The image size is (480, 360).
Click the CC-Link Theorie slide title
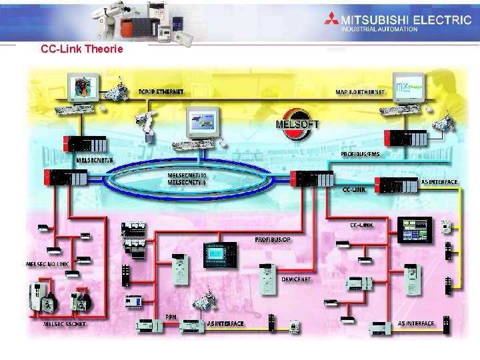pyautogui.click(x=81, y=49)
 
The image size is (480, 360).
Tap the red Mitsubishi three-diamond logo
pyautogui.click(x=332, y=21)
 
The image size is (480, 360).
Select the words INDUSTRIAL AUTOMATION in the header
pyautogui.click(x=379, y=29)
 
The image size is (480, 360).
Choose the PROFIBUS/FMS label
pyautogui.click(x=360, y=154)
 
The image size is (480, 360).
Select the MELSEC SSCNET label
pyautogui.click(x=65, y=324)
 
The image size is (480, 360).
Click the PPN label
pyautogui.click(x=171, y=317)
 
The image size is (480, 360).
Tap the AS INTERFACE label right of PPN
pyautogui.click(x=225, y=323)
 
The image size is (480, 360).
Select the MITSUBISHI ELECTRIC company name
pyautogui.click(x=407, y=19)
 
